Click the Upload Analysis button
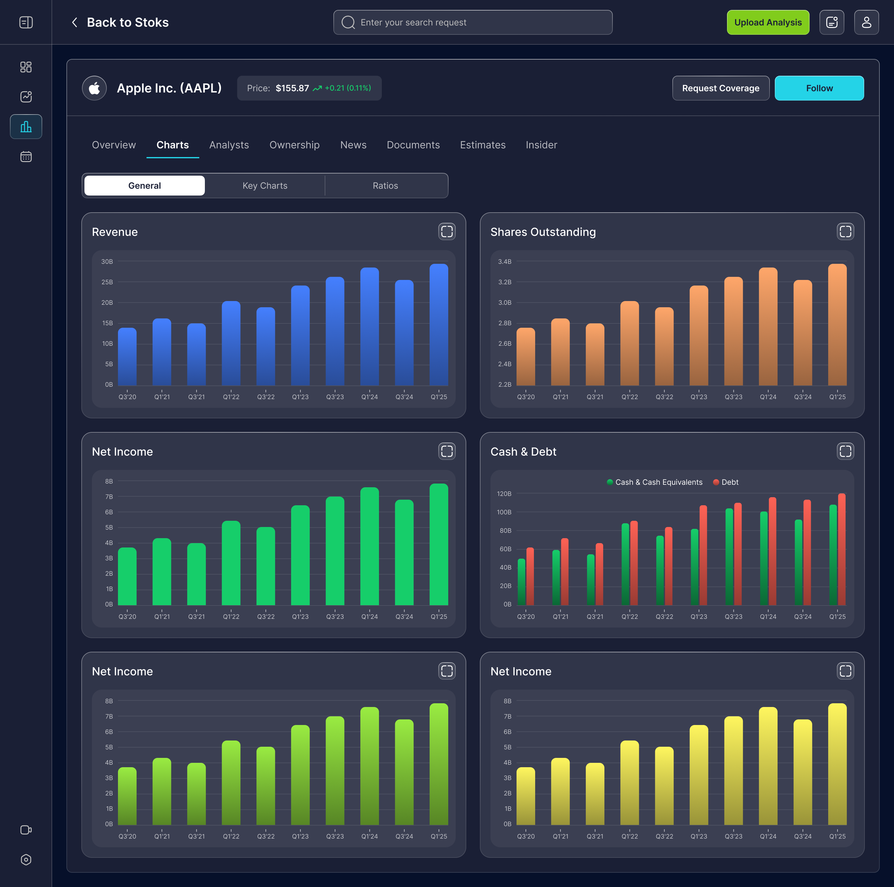768,22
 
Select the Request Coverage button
720,88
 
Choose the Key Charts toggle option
265,186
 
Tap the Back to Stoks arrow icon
74,22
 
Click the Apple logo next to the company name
94,88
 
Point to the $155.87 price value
292,88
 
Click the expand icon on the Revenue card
447,231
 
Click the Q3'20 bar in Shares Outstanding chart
526,357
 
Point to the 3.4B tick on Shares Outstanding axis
504,261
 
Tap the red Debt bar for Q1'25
842,549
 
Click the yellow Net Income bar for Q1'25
837,764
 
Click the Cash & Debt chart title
523,452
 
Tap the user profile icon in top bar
866,22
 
